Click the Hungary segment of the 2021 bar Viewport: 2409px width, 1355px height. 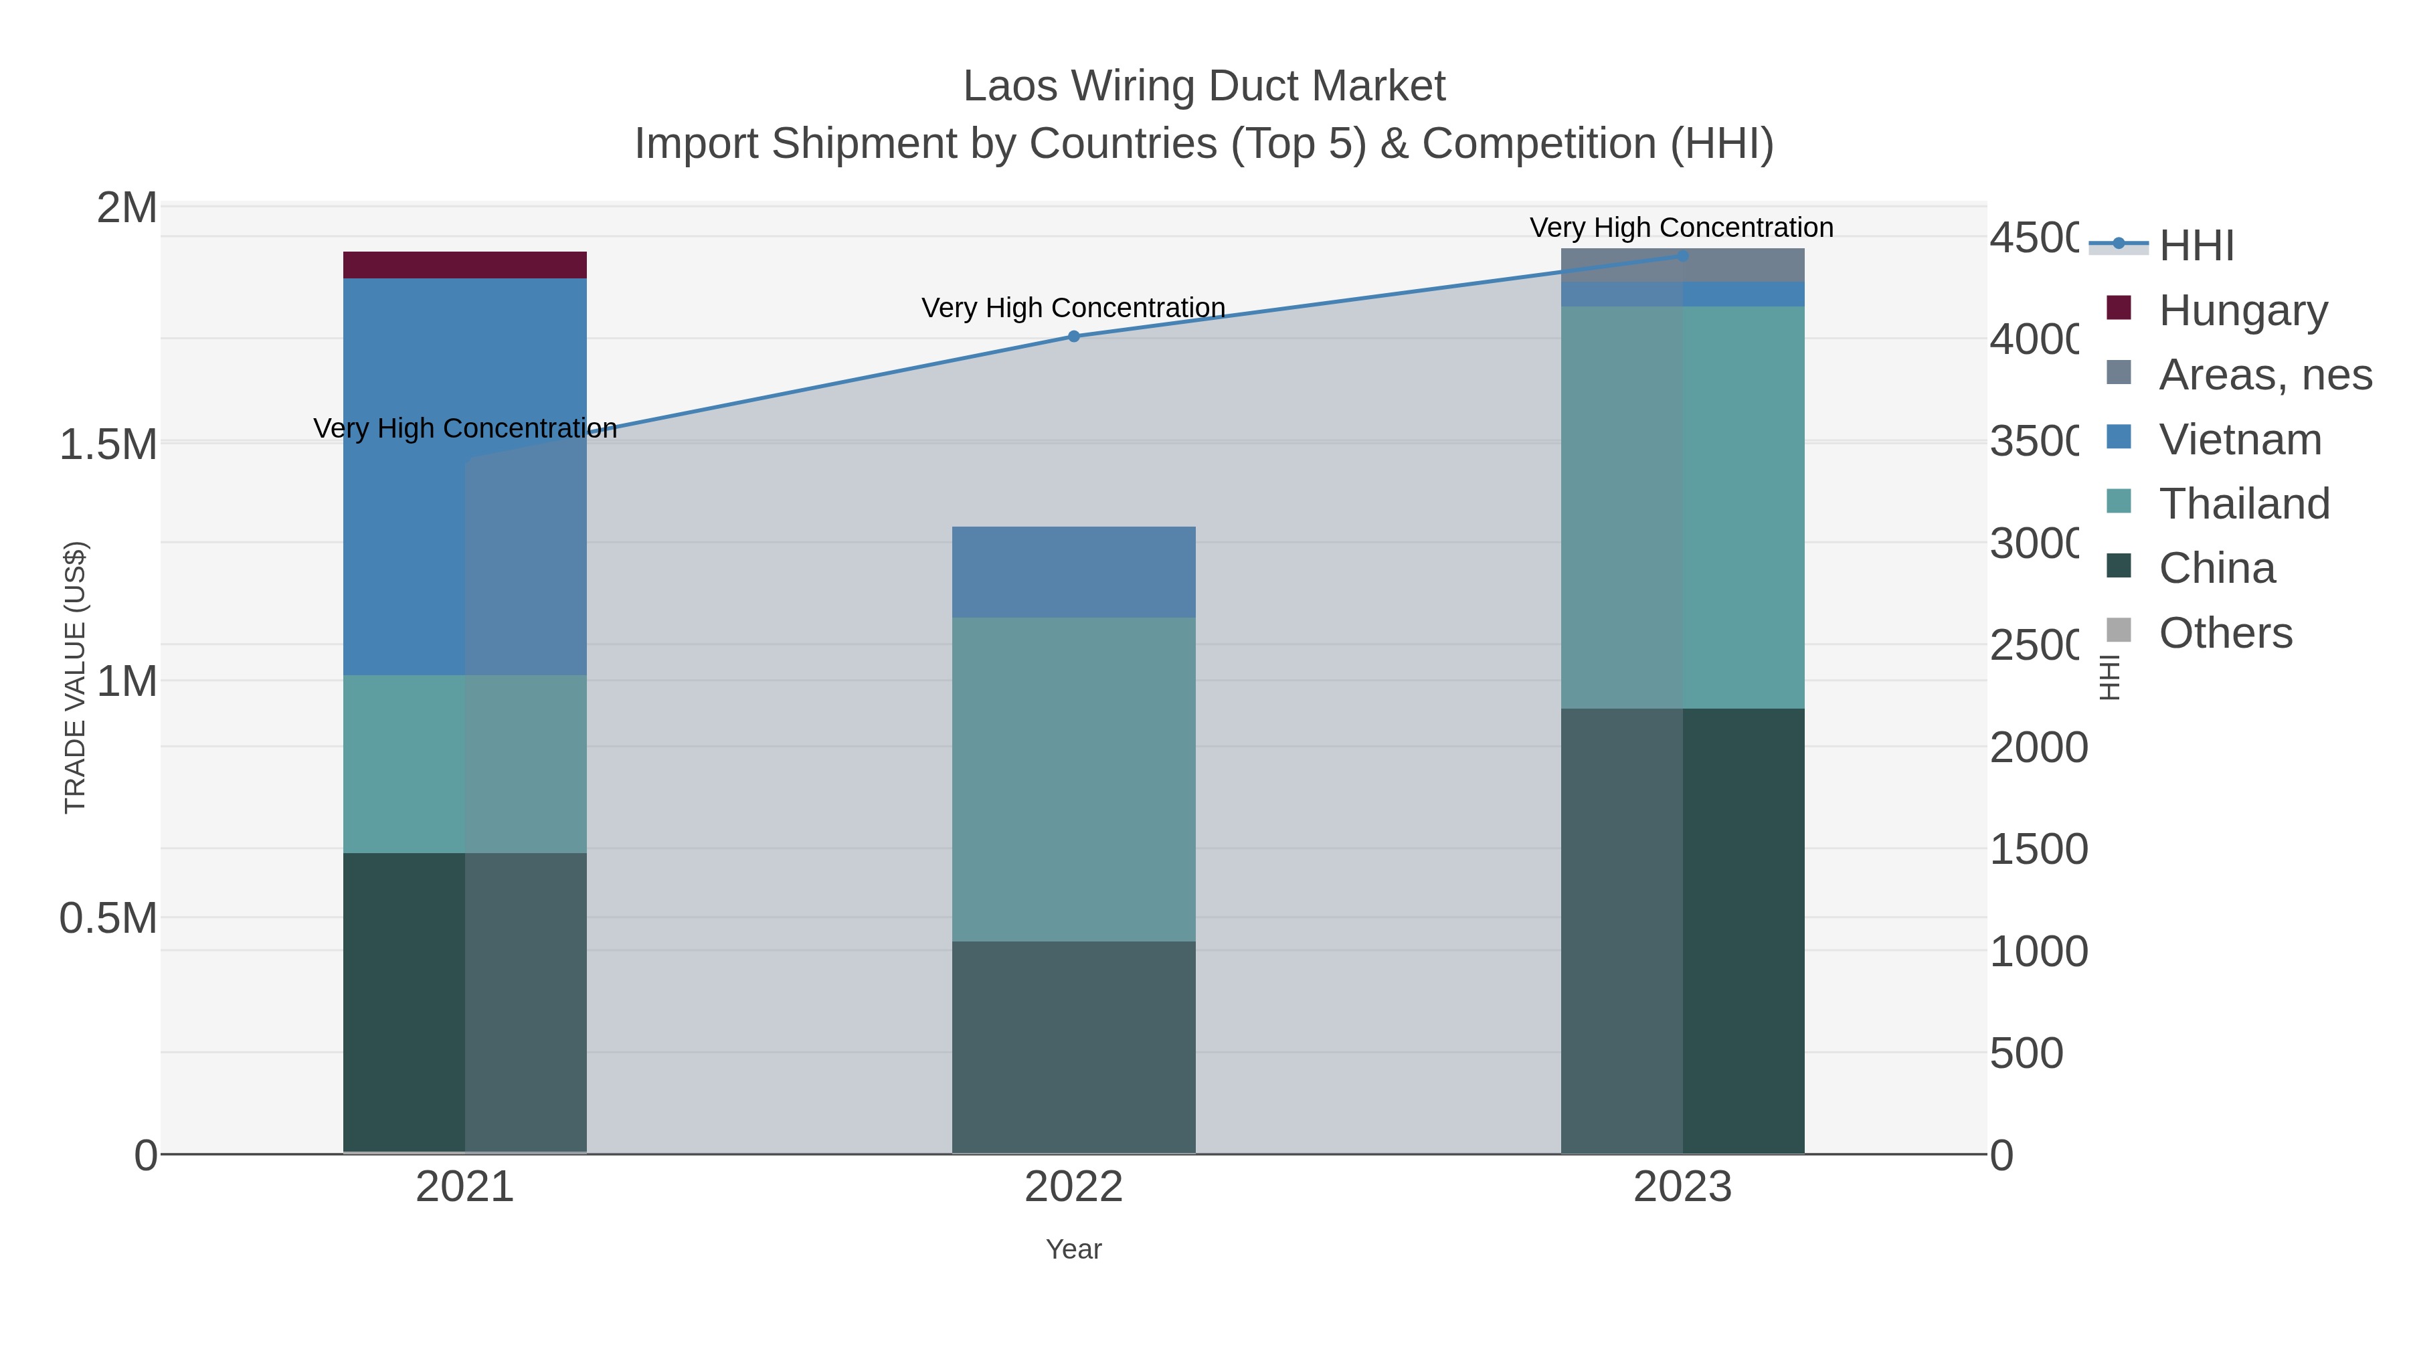coord(465,264)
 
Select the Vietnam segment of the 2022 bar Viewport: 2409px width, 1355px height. coord(1073,571)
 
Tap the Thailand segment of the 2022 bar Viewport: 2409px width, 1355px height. coord(1073,778)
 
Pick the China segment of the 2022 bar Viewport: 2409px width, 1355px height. coord(1073,1047)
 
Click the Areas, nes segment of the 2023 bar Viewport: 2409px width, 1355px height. coord(1682,264)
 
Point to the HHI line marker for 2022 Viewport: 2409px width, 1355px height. coord(1073,337)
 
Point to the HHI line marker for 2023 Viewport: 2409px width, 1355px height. coord(1682,256)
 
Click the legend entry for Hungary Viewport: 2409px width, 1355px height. coord(2242,310)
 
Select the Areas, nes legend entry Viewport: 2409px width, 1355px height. coord(2264,374)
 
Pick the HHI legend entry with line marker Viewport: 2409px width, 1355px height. coord(2196,245)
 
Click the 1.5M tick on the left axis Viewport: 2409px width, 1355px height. coord(108,444)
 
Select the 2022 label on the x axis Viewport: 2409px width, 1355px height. coord(1073,1186)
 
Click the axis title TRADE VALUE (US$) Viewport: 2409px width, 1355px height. coord(75,677)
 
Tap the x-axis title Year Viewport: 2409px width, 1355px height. coord(1073,1249)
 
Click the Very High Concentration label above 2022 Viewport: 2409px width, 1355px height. coord(1073,308)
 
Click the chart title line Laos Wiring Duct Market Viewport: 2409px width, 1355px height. coord(1204,86)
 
